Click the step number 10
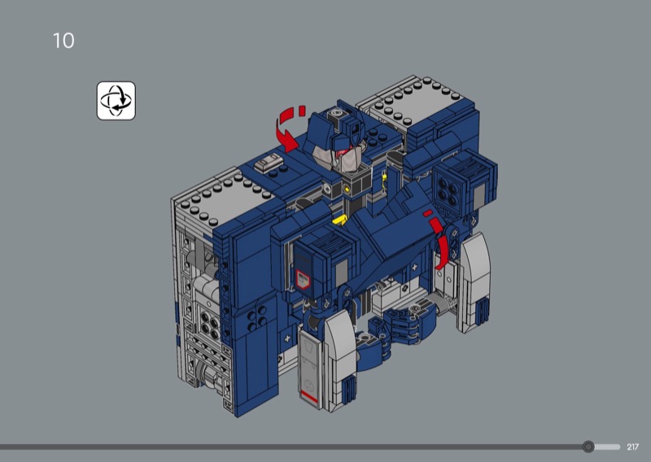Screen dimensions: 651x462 63,41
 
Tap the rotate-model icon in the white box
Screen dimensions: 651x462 116,101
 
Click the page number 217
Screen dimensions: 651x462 633,447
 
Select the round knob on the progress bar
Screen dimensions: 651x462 588,447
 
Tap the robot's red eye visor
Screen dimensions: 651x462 344,150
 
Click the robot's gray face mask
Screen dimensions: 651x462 339,159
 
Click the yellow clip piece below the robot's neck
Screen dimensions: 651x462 340,220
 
